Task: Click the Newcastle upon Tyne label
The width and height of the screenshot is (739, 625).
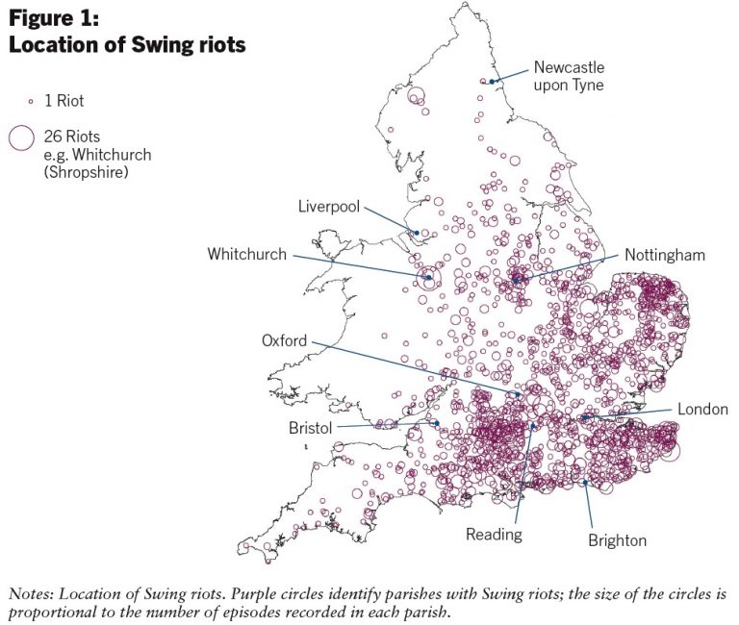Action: pos(570,76)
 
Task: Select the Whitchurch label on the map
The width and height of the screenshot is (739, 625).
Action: pos(247,255)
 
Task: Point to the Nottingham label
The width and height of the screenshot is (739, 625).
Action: pos(665,255)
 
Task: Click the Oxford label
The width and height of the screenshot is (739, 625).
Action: pos(285,340)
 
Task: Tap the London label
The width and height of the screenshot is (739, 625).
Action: pos(702,409)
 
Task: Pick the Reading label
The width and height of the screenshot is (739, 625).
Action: pos(494,534)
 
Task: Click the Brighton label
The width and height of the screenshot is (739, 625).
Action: pos(618,540)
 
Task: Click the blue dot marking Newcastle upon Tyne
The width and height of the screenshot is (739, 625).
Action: pos(492,82)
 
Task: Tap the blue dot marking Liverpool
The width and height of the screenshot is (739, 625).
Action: pos(417,232)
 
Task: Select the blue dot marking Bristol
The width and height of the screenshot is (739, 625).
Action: pos(436,423)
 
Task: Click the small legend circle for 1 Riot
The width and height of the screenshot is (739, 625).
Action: pos(30,100)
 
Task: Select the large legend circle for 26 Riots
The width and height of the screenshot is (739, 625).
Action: pos(20,137)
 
